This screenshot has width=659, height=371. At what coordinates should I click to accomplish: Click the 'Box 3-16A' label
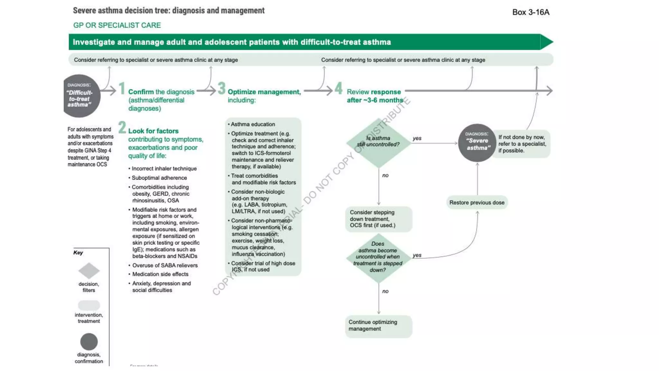(x=531, y=12)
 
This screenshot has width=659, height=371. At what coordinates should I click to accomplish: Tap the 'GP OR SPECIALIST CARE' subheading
(x=117, y=25)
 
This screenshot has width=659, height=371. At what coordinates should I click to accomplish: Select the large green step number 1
(x=122, y=89)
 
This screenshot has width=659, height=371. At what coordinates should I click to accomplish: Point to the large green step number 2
(x=122, y=127)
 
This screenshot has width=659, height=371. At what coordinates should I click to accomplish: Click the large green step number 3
(x=221, y=89)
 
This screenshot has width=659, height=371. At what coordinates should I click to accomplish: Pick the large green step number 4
(x=338, y=89)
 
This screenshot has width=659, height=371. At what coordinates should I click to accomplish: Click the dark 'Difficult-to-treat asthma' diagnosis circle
(x=81, y=96)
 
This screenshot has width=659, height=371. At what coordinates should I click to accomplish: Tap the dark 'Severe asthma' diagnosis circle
(x=477, y=143)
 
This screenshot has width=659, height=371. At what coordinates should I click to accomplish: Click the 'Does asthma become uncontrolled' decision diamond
(x=378, y=258)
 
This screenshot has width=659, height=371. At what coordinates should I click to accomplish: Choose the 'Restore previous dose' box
(x=477, y=203)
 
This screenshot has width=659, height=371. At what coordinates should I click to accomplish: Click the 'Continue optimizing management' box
(x=378, y=326)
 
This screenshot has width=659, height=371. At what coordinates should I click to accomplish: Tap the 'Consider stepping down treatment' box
(x=378, y=219)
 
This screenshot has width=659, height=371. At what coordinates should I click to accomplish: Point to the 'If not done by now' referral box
(x=522, y=144)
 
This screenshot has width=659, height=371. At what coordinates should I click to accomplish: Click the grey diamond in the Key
(x=89, y=271)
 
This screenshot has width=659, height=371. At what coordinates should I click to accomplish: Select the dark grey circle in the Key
(x=89, y=342)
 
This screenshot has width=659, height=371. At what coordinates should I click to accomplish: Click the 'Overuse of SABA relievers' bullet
(x=165, y=265)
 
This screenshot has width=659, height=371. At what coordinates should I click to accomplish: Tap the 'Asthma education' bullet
(x=253, y=124)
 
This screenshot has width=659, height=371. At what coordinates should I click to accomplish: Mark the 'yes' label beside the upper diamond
(x=417, y=138)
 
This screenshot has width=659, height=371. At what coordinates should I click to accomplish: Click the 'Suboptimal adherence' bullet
(x=159, y=178)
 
